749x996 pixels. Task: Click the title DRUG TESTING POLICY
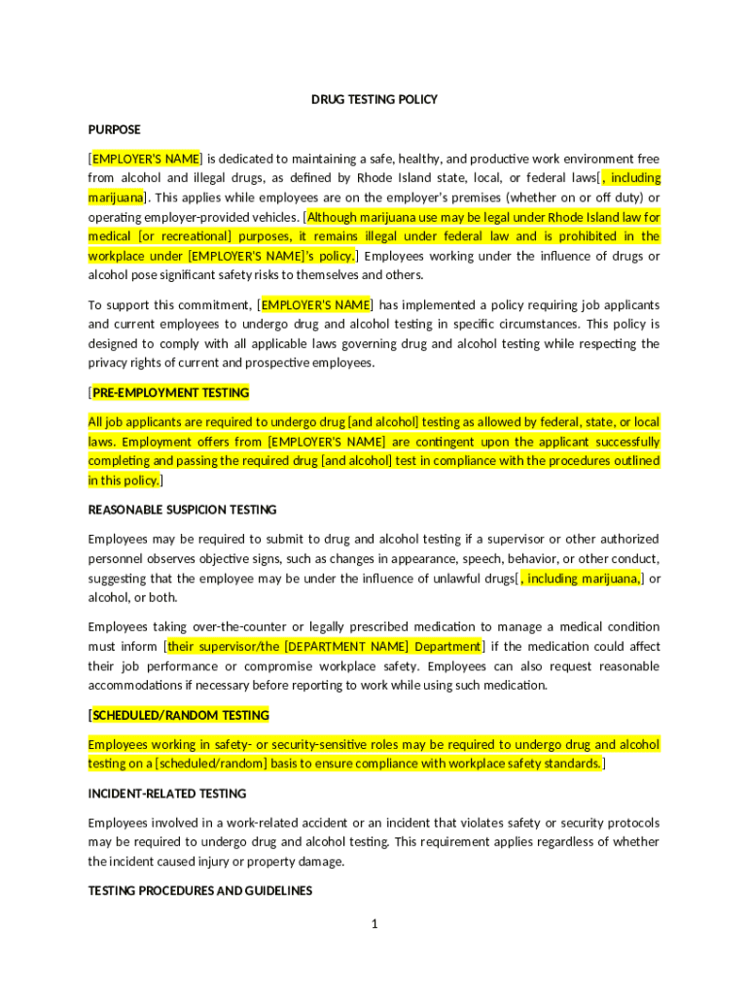[374, 99]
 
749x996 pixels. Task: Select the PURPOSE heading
[115, 129]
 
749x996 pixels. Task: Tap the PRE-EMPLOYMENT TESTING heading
[171, 393]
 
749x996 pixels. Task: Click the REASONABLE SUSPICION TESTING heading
[183, 510]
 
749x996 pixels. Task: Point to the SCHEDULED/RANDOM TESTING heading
[181, 716]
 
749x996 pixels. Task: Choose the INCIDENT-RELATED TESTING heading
[167, 794]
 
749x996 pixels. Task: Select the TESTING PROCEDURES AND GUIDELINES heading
[200, 891]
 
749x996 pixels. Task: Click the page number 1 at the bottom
[374, 924]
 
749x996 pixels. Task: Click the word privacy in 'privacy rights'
[109, 363]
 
